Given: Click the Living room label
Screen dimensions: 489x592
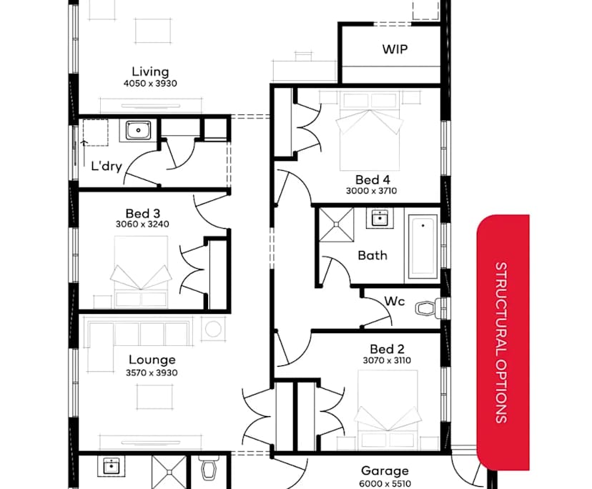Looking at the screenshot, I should [150, 71].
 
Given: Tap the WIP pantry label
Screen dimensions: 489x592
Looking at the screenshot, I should [400, 49].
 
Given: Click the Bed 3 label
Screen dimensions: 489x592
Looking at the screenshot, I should [142, 213].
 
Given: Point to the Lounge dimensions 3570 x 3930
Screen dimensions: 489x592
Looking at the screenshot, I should [152, 372].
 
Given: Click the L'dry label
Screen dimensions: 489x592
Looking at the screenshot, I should [107, 167].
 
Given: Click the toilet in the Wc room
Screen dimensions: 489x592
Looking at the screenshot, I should [427, 309].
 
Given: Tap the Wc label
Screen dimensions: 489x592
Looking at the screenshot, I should [394, 301].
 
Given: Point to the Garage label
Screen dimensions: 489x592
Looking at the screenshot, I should [385, 470].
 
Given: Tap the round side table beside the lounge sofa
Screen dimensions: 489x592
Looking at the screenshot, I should [214, 329].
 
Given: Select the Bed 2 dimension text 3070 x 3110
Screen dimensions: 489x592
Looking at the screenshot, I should [387, 361].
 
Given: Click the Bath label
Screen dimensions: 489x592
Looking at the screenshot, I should [373, 255].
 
